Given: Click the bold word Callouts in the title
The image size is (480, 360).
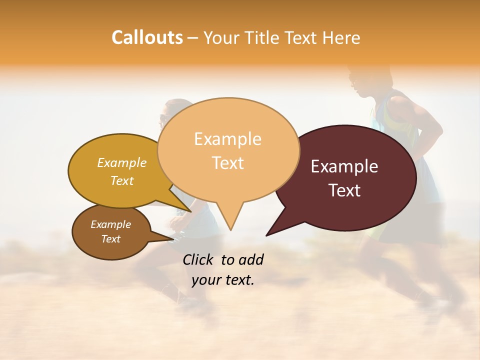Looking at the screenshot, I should [147, 37].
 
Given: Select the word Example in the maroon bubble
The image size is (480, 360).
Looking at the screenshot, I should [344, 166].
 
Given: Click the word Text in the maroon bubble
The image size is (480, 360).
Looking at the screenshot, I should [344, 190].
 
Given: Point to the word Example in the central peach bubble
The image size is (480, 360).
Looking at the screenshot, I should [228, 139].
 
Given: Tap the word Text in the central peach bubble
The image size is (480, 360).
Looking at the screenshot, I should [228, 163].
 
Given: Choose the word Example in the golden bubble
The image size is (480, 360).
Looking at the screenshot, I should [122, 163].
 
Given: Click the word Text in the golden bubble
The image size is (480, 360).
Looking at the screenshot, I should [122, 181].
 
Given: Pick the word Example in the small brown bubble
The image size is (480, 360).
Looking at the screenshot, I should [111, 224].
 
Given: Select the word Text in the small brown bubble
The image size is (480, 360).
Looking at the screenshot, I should [111, 239].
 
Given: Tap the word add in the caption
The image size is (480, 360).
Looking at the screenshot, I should [251, 259].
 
